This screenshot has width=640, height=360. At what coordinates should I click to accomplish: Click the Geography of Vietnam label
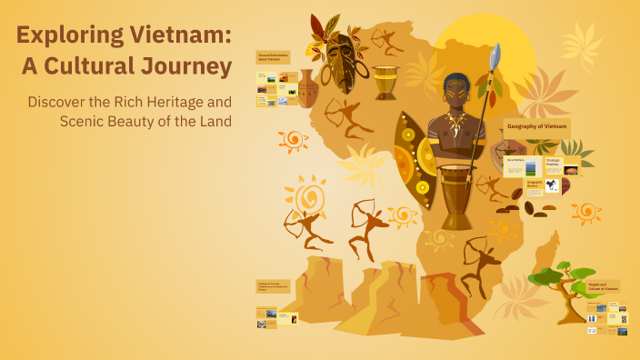click(536, 126)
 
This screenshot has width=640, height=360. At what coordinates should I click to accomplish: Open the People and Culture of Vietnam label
click(603, 287)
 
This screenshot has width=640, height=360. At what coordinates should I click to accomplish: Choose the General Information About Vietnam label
click(273, 57)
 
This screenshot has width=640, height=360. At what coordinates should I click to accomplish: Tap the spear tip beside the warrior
click(495, 58)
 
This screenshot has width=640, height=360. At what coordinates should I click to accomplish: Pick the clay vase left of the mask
click(308, 89)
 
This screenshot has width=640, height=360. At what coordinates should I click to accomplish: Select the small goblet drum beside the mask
click(385, 82)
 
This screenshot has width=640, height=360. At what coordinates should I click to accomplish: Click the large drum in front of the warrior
click(456, 195)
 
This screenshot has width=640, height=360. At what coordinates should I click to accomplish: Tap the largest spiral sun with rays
click(307, 196)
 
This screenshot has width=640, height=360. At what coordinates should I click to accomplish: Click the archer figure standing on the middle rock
click(367, 227)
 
